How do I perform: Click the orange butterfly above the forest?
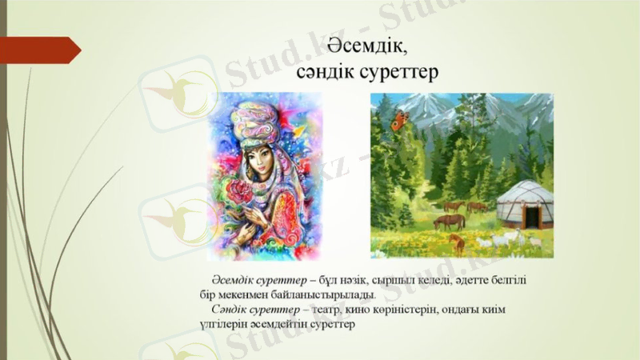click(x=397, y=122)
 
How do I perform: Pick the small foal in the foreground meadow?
click(x=457, y=241)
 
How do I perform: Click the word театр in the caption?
click(x=327, y=310)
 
